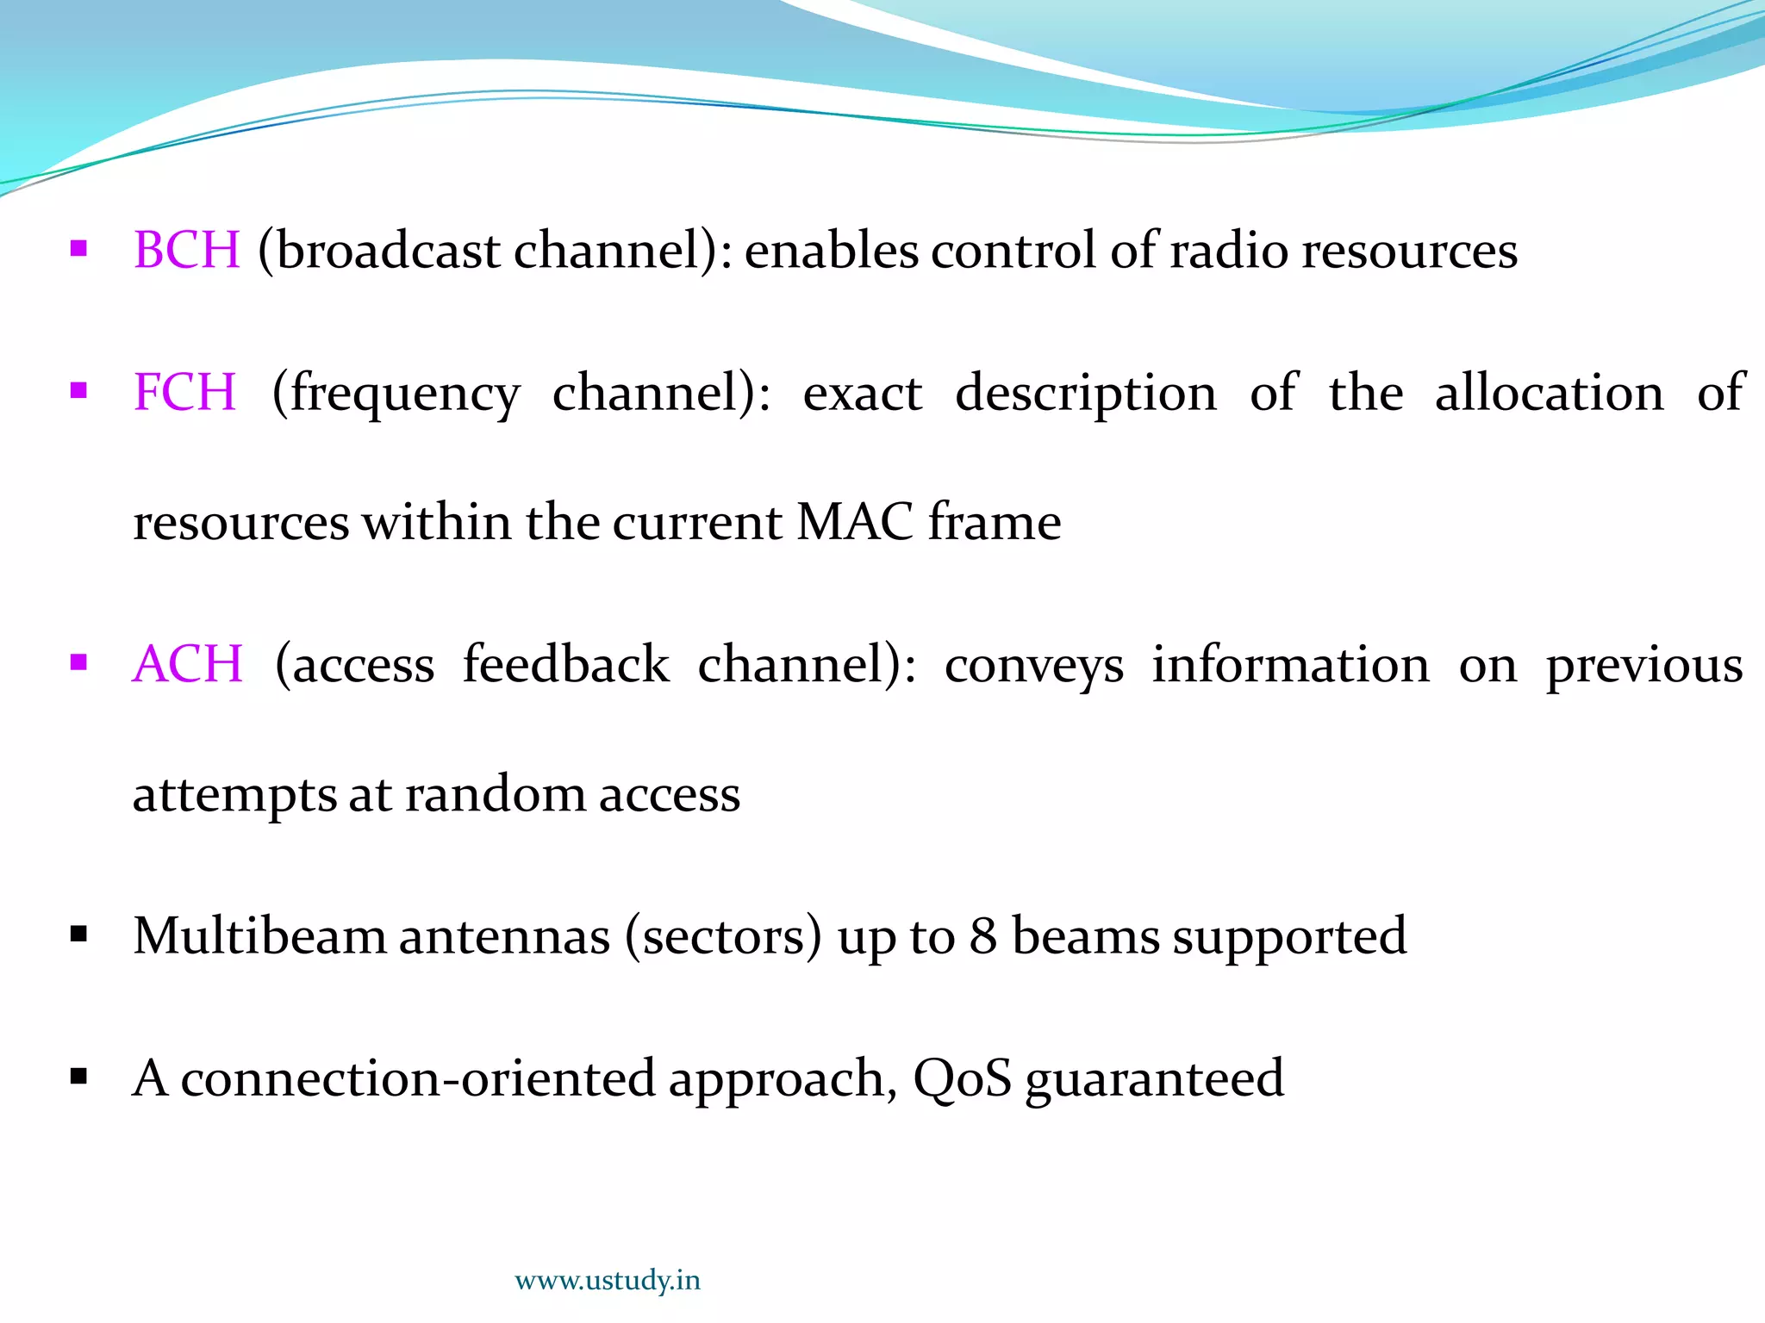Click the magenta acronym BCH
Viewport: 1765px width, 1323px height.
pyautogui.click(x=186, y=251)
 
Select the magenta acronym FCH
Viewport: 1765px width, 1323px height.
pyautogui.click(x=184, y=393)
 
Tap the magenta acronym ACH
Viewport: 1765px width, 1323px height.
pyautogui.click(x=187, y=664)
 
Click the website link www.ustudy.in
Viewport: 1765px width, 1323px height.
pyautogui.click(x=607, y=1281)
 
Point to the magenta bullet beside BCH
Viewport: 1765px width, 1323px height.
pyautogui.click(x=78, y=250)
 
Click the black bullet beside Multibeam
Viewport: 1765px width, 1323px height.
pyautogui.click(x=78, y=935)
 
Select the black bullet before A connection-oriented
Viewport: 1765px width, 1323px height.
pyautogui.click(x=78, y=1077)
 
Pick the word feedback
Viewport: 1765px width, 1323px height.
pyautogui.click(x=565, y=664)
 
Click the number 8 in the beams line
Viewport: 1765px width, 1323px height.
pyautogui.click(x=982, y=936)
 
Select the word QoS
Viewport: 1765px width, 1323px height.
pyautogui.click(x=962, y=1078)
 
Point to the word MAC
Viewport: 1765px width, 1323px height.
pyautogui.click(x=854, y=522)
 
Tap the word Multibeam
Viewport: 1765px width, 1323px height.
pyautogui.click(x=259, y=935)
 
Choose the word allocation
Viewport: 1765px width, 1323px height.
pyautogui.click(x=1549, y=393)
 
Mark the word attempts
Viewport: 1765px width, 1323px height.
pyautogui.click(x=234, y=795)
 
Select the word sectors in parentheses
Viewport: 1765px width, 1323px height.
pyautogui.click(x=723, y=937)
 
